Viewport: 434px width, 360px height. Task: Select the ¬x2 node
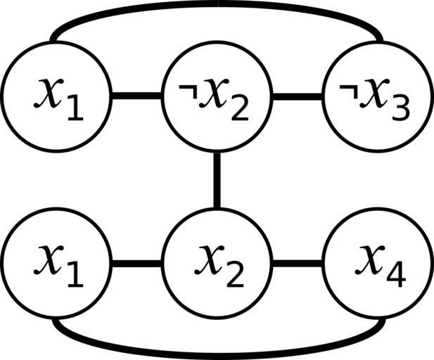[x=216, y=96]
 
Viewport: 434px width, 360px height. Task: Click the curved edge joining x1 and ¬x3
[x=217, y=6]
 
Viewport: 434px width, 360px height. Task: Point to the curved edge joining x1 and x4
[x=217, y=352]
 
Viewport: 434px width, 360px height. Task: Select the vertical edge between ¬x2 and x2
[x=216, y=180]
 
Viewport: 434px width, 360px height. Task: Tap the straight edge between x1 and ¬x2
[x=136, y=96]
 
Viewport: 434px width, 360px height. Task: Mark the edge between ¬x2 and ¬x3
[x=295, y=96]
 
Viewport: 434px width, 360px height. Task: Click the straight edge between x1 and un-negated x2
[x=136, y=264]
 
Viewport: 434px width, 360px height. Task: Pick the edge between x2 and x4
[x=295, y=264]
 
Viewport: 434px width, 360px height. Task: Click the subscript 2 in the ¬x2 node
[x=239, y=109]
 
